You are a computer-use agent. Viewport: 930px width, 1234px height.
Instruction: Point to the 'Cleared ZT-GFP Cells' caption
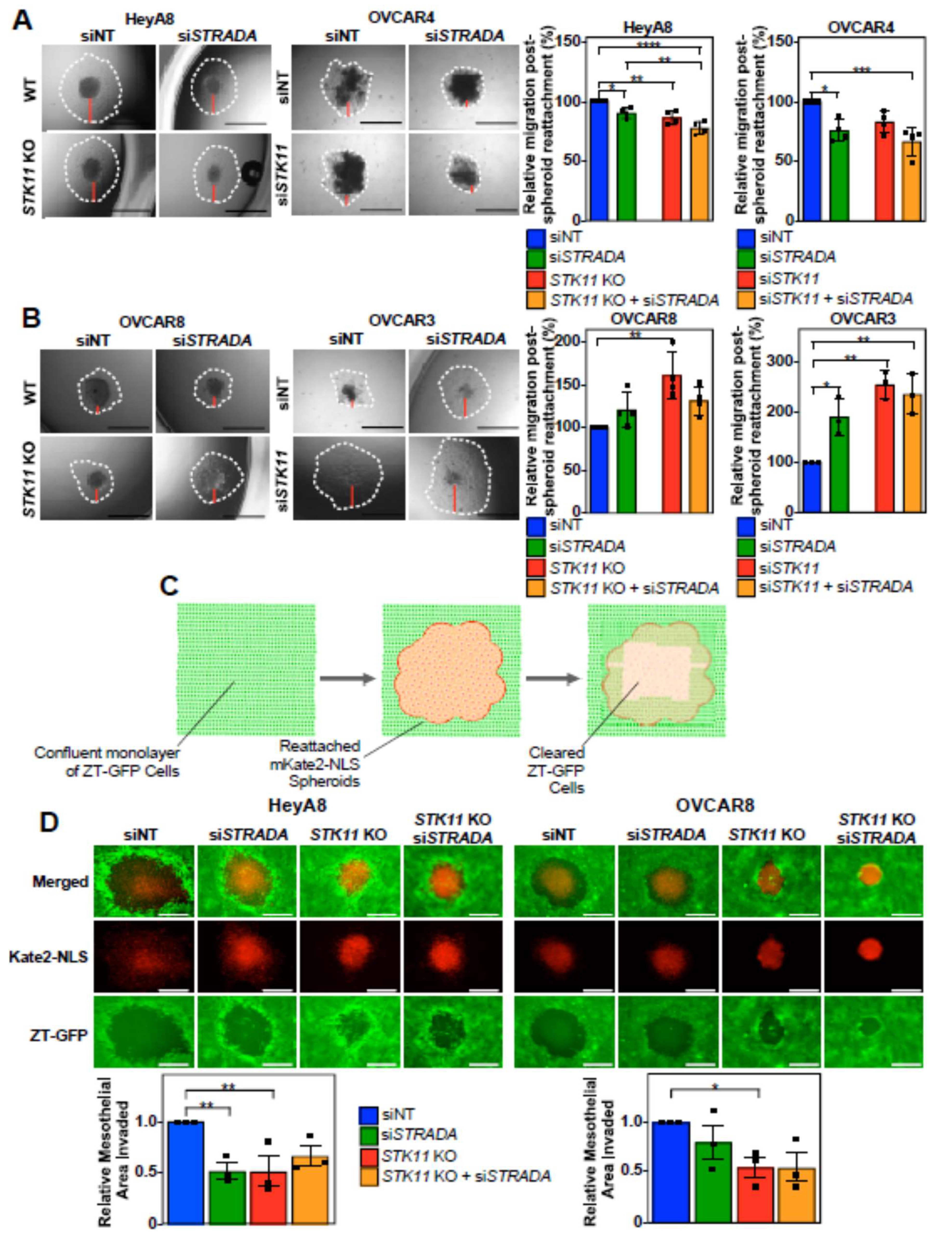556,770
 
